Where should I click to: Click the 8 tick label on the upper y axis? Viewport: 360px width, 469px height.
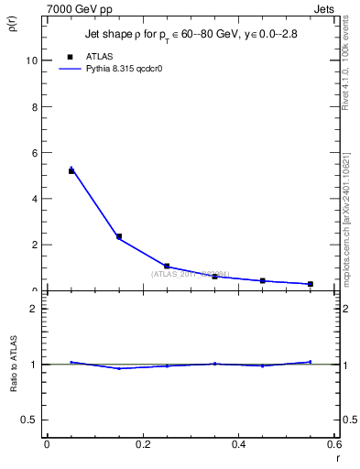(x=34, y=106)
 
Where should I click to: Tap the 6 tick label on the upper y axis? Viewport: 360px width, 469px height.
(x=34, y=152)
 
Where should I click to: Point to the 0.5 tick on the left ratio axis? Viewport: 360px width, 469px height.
(x=30, y=420)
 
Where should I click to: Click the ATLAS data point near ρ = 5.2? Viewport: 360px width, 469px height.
(x=71, y=170)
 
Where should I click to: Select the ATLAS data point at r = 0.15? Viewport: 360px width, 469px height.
(x=119, y=236)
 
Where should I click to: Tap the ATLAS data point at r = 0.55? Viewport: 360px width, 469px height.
(x=311, y=284)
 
